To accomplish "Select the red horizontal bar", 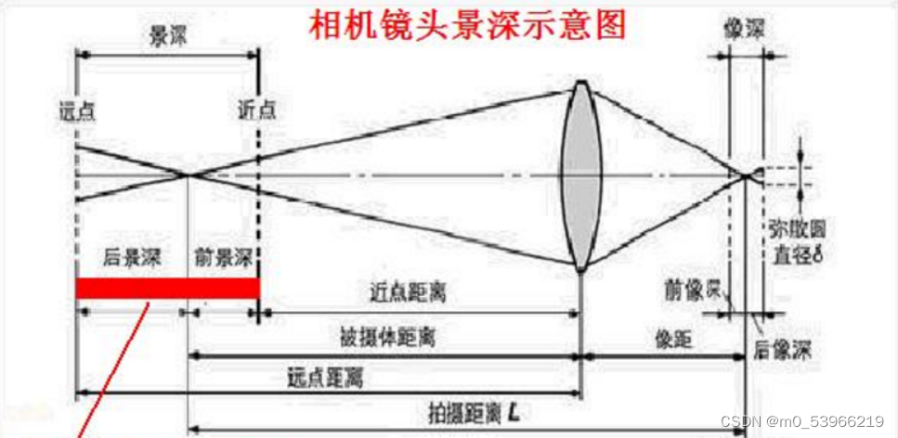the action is pos(167,289).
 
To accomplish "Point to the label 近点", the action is pos(257,109).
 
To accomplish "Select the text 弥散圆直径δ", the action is pos(797,238).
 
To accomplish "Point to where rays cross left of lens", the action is pos(188,174).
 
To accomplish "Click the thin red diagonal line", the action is pos(110,371).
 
